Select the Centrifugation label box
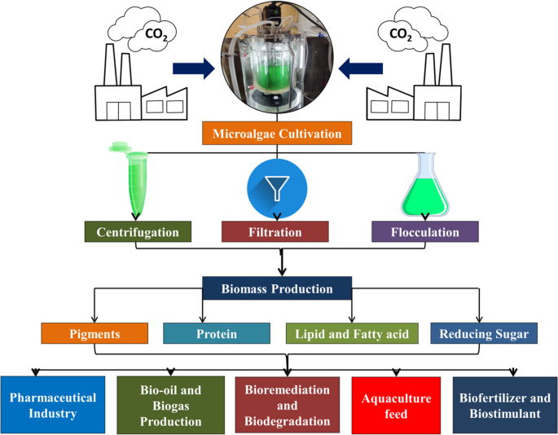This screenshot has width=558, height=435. pos(138,231)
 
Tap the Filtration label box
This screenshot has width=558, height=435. pos(275,231)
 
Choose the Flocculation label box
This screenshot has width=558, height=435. pos(425,231)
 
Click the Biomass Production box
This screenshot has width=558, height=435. pos(278,288)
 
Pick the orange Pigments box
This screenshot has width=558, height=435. pos(94,333)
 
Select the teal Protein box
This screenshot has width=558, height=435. pos(216,333)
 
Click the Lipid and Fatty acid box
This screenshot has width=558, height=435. pos(352,333)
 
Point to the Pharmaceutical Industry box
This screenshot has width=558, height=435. pos(53,405)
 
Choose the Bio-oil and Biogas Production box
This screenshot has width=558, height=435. pos(170,405)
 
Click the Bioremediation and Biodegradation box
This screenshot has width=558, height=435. pos(288,405)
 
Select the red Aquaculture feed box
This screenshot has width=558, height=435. pos(396,405)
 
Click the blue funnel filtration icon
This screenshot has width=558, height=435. pos(276,187)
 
